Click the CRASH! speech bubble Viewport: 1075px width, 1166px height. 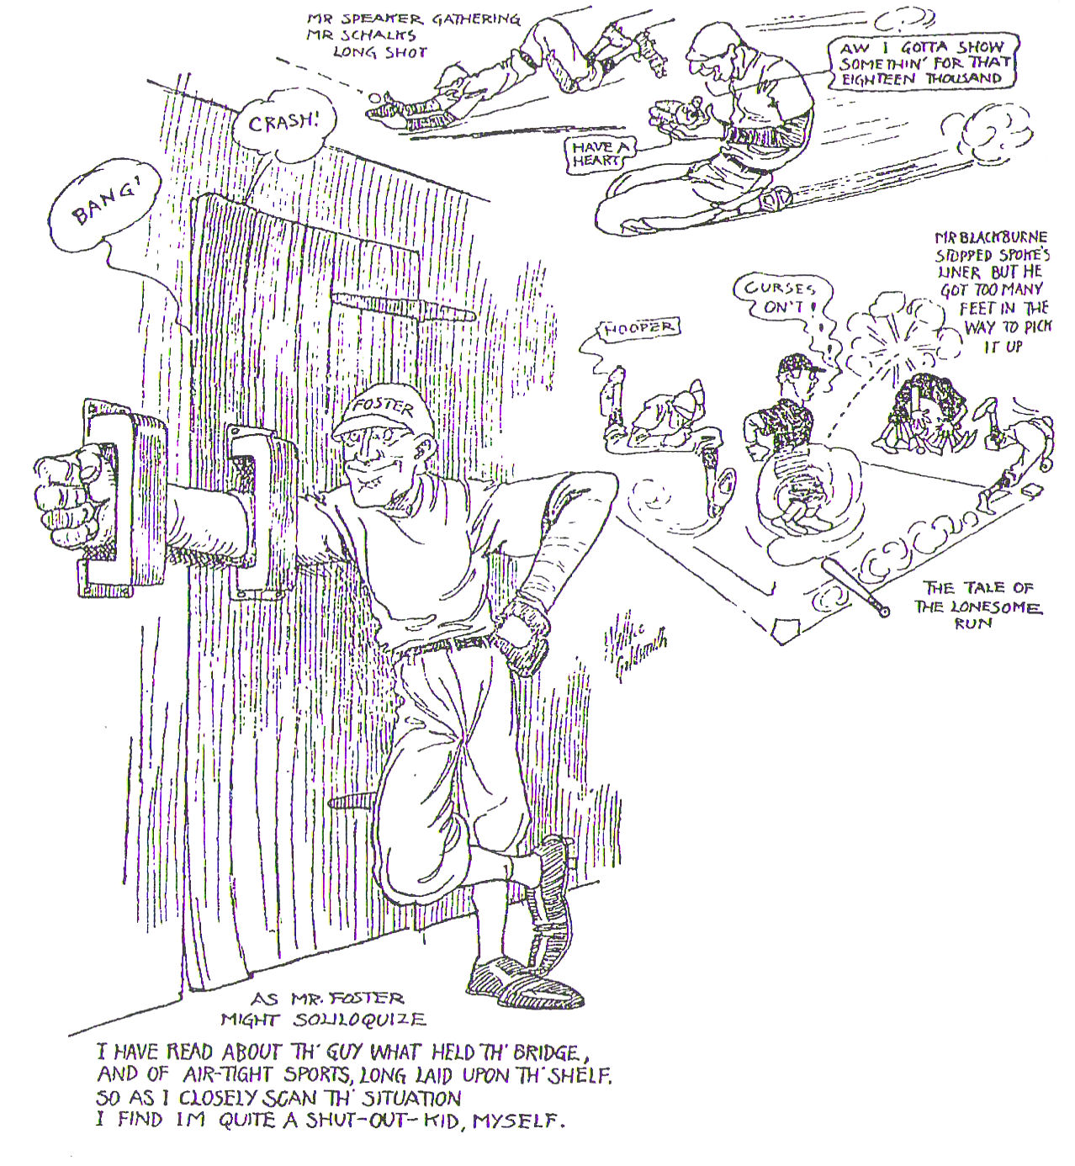click(283, 124)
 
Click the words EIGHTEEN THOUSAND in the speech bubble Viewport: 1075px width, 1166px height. click(922, 78)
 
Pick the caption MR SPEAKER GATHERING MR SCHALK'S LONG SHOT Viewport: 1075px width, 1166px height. click(367, 34)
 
